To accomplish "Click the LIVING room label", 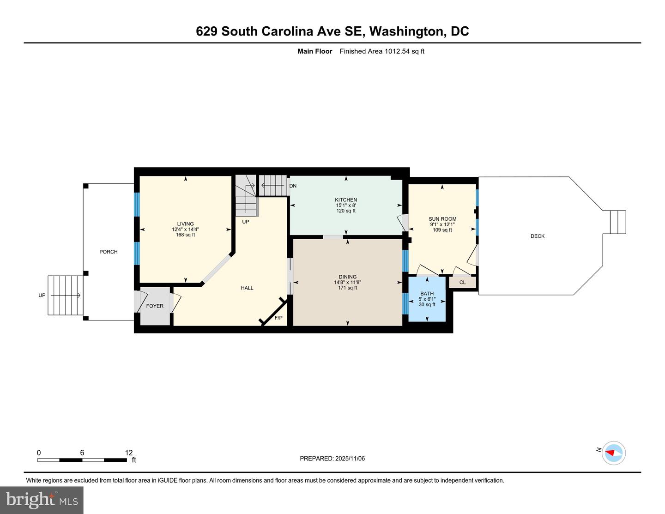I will point(186,224).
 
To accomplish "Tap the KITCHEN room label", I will point(346,200).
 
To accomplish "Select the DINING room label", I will point(347,277).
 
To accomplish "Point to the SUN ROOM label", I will point(442,219).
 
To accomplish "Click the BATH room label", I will point(427,294).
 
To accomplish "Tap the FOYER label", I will point(155,306).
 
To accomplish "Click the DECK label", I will point(538,236).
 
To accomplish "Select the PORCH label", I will point(109,252).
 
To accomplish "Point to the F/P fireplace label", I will point(278,318).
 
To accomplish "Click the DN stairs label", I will point(293,186).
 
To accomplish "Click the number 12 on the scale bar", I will point(128,453).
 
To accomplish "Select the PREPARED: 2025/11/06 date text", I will point(332,459).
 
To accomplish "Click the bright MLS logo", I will point(42,500).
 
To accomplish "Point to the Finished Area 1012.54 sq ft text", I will point(382,51).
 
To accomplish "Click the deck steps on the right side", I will point(618,222).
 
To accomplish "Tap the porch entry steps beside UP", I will point(65,296).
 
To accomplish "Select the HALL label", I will point(247,288).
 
